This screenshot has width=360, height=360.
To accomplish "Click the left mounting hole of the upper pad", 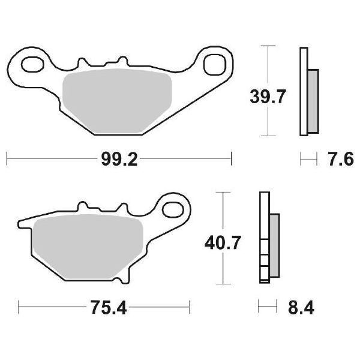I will tap(32, 62).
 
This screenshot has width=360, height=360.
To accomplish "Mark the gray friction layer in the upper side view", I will tap(312, 100).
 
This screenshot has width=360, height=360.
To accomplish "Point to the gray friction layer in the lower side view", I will tap(274, 245).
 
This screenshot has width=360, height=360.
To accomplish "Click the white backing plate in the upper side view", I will tap(303, 90).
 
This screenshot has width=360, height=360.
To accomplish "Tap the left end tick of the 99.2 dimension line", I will tap(6, 159).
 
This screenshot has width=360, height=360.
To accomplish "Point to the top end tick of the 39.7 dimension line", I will tap(268, 46).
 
